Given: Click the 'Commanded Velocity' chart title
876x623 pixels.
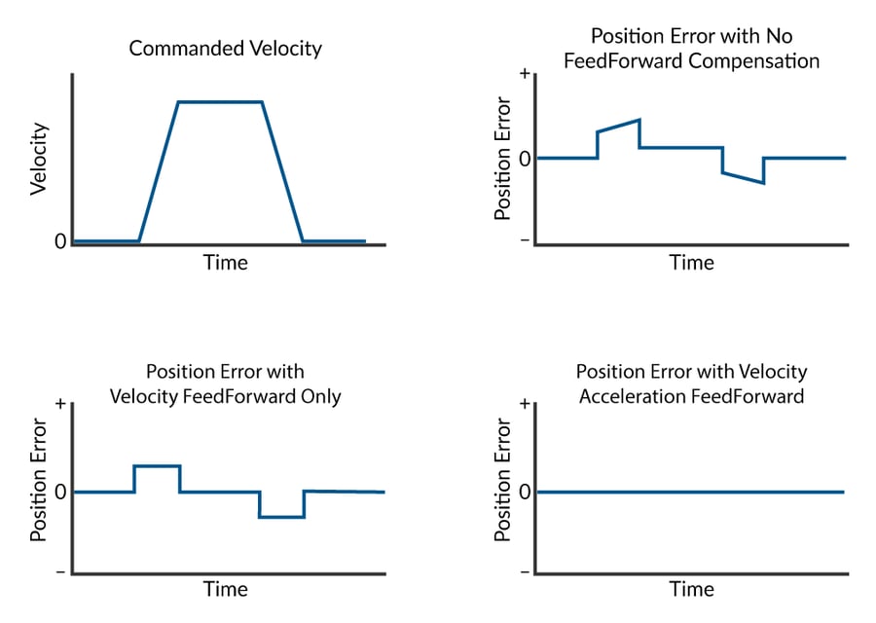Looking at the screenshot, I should [x=225, y=48].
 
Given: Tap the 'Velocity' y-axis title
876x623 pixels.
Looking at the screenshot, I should [x=39, y=158].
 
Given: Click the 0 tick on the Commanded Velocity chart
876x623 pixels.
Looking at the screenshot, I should [x=60, y=241].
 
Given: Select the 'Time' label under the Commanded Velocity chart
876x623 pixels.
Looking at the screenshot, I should [x=225, y=263].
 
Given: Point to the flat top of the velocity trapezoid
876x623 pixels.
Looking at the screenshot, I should [x=220, y=101].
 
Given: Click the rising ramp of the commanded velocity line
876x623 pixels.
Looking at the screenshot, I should [x=158, y=171].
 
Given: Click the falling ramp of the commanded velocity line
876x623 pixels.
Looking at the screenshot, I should [x=283, y=171].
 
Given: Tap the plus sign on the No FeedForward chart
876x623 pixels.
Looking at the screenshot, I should [x=525, y=75].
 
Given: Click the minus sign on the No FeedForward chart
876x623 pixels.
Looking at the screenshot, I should [x=525, y=239].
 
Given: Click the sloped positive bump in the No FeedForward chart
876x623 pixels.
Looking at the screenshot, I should [x=618, y=126].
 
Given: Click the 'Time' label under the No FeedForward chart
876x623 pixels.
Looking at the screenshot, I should [x=691, y=263].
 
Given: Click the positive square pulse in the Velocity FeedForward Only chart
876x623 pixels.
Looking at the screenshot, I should [x=157, y=466].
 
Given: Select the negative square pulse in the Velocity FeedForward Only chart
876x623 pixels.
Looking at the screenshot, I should [x=281, y=517].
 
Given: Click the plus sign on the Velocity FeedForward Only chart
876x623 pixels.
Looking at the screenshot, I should [x=61, y=403].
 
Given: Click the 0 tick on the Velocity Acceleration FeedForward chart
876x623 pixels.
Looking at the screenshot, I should [x=525, y=492].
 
